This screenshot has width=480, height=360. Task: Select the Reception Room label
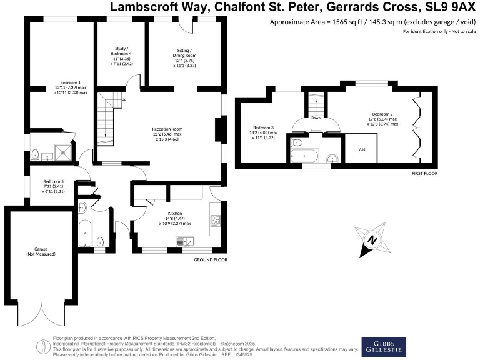click(167, 129)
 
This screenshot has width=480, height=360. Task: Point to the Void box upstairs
click(362, 150)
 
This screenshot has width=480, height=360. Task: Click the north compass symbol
click(374, 240)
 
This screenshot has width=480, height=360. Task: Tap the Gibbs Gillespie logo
click(384, 347)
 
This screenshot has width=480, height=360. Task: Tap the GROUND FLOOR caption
click(210, 259)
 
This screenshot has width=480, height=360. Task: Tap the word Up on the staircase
click(124, 99)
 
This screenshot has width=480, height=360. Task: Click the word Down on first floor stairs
click(316, 117)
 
